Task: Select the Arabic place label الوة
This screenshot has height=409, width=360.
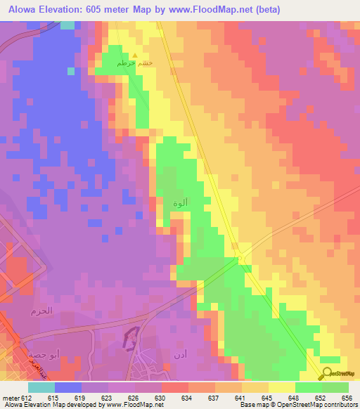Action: (180, 203)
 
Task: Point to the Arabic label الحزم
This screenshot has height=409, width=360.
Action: (42, 310)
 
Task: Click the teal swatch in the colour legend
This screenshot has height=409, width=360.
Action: (41, 387)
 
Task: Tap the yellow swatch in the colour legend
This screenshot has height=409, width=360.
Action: (281, 387)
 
